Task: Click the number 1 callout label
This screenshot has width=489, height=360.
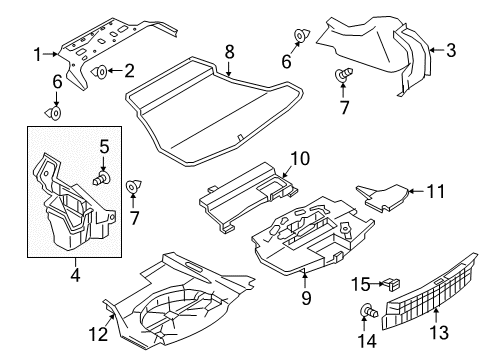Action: pyautogui.click(x=38, y=53)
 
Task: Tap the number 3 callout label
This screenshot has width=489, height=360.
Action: pyautogui.click(x=451, y=48)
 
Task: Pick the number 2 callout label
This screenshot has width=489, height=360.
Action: pyautogui.click(x=130, y=70)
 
